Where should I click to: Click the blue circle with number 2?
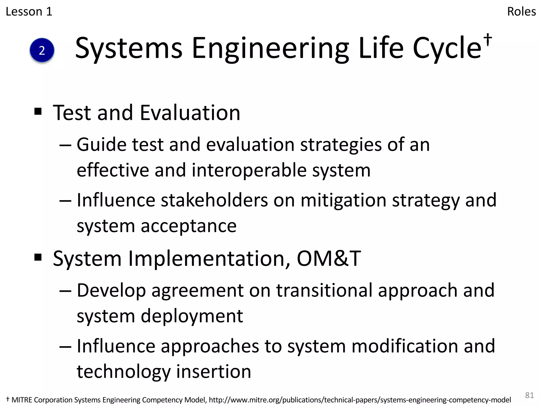point(42,50)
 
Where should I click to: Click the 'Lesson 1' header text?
point(29,12)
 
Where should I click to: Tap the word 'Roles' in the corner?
point(521,12)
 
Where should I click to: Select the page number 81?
point(529,395)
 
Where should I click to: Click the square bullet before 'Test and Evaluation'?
point(38,111)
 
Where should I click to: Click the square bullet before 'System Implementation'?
point(38,257)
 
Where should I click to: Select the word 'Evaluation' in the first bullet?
point(190,113)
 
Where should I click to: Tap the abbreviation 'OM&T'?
point(329,258)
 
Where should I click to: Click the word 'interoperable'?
point(249,170)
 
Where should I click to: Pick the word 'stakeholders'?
point(214,200)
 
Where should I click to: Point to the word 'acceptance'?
point(188,226)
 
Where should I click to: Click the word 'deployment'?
point(192,316)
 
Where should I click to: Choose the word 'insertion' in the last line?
point(213,371)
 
